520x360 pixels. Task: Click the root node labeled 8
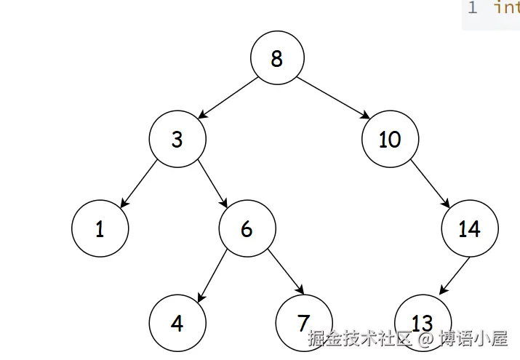276,58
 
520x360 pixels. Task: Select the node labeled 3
177,138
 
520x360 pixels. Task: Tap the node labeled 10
390,138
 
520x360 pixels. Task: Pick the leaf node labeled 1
100,228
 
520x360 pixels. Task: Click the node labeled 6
247,228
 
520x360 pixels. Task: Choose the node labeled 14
469,228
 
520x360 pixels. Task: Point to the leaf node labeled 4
177,323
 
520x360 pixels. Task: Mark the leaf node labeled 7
304,323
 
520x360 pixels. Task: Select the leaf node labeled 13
422,323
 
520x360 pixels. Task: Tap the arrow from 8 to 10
333,97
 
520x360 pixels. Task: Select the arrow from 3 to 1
138,183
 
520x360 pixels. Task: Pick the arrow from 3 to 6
212,183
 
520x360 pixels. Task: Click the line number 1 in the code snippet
473,8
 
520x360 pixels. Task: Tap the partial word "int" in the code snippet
507,8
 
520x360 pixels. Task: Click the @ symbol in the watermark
425,338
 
